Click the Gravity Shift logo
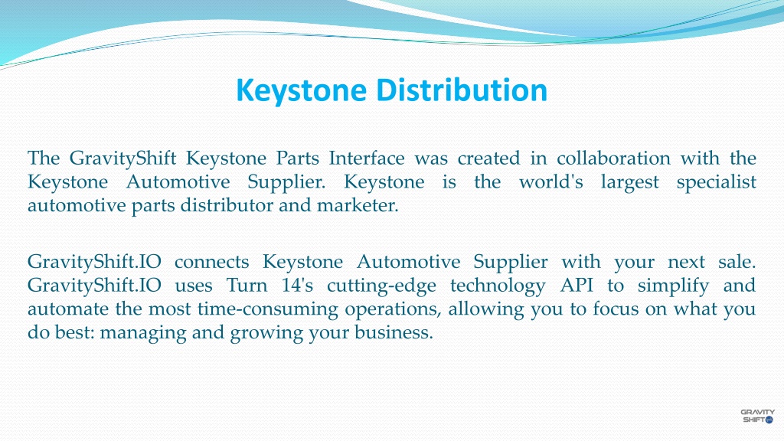pyautogui.click(x=757, y=415)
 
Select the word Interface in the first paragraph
pyautogui.click(x=367, y=158)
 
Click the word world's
pyautogui.click(x=551, y=182)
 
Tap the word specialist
pyautogui.click(x=717, y=182)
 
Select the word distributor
pyautogui.click(x=203, y=205)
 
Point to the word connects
pyautogui.click(x=212, y=262)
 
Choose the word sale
pyautogui.click(x=737, y=262)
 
